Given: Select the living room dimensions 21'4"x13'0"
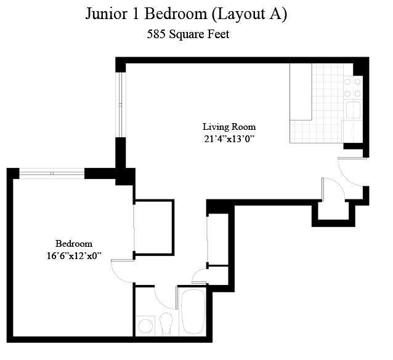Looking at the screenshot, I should [229, 139].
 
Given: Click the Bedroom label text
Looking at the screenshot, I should [73, 243].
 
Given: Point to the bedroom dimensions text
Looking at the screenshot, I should [73, 255].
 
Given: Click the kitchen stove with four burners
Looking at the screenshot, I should [352, 88].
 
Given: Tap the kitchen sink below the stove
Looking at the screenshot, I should [352, 110].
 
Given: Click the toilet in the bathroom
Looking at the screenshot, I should [166, 322].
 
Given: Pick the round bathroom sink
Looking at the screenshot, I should [146, 326].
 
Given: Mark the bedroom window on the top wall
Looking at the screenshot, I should [52, 174].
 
